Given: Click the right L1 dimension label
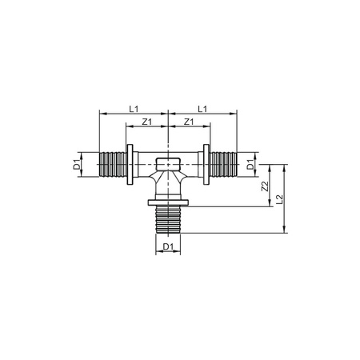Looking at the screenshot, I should coord(203,106).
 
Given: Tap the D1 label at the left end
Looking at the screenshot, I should coord(78,166).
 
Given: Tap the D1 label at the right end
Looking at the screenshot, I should coord(250,166).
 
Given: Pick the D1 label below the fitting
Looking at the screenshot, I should coord(168,246).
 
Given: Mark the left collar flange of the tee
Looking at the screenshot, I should coord(128,166).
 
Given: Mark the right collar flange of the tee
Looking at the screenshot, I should coord(208,166).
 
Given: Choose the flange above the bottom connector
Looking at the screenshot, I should coord(168,207).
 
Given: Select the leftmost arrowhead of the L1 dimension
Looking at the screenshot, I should coord(102,114).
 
